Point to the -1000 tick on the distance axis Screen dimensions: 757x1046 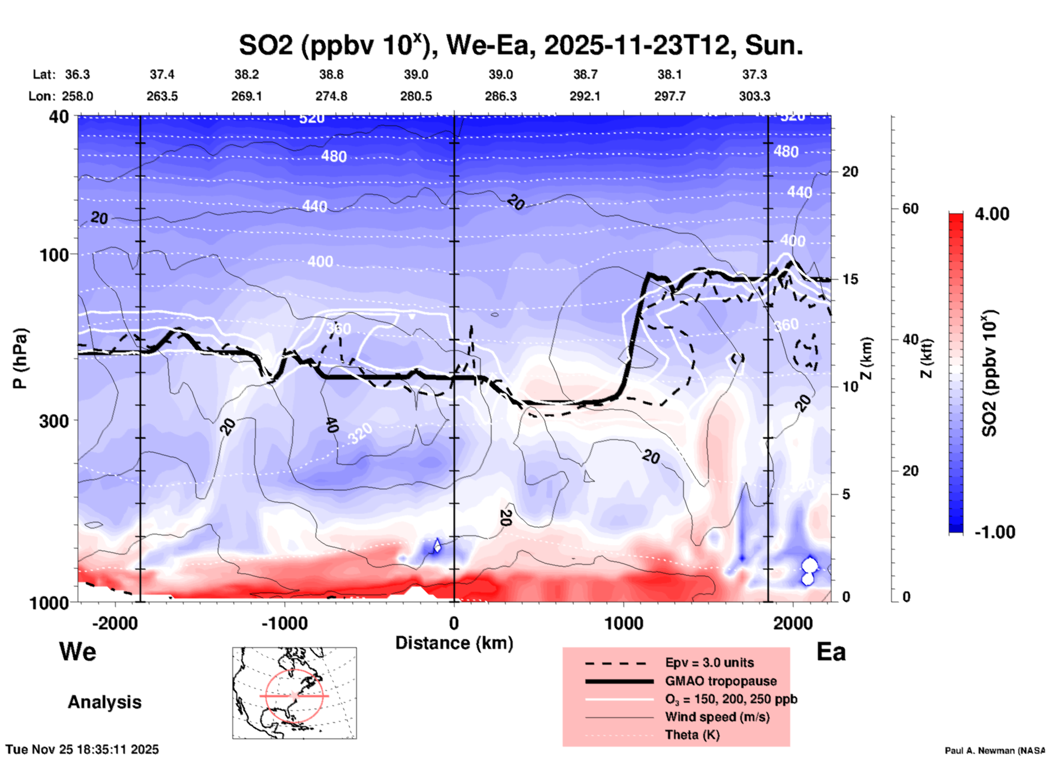point(285,623)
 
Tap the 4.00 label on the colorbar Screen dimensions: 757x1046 point(992,214)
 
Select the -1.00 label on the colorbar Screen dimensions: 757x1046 point(994,532)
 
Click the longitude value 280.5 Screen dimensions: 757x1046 point(416,96)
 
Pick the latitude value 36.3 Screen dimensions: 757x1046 point(77,74)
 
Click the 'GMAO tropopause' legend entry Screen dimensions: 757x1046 point(721,681)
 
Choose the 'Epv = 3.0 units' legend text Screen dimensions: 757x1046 point(709,663)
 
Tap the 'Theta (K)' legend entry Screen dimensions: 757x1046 point(692,735)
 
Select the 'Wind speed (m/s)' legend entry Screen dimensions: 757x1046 point(717,717)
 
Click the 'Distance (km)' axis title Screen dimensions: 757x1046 point(454,643)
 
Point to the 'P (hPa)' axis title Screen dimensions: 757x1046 point(20,358)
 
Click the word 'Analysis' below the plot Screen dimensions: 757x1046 point(104,702)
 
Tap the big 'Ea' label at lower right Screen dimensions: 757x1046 point(831,652)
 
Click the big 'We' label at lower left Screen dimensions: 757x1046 point(78,651)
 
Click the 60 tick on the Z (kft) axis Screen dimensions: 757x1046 point(910,209)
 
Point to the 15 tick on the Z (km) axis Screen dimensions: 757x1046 point(850,279)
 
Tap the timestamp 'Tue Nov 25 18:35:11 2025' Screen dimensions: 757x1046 point(83,749)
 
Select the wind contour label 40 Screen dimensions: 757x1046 point(331,425)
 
